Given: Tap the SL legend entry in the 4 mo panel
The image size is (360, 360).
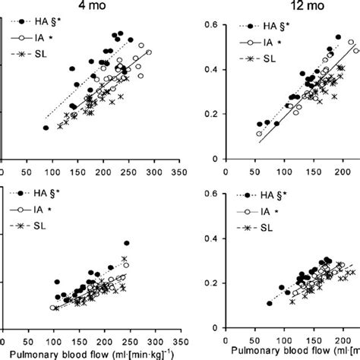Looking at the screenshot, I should pyautogui.click(x=42, y=52).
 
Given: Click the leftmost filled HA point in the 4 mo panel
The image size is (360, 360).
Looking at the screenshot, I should pyautogui.click(x=46, y=128).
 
